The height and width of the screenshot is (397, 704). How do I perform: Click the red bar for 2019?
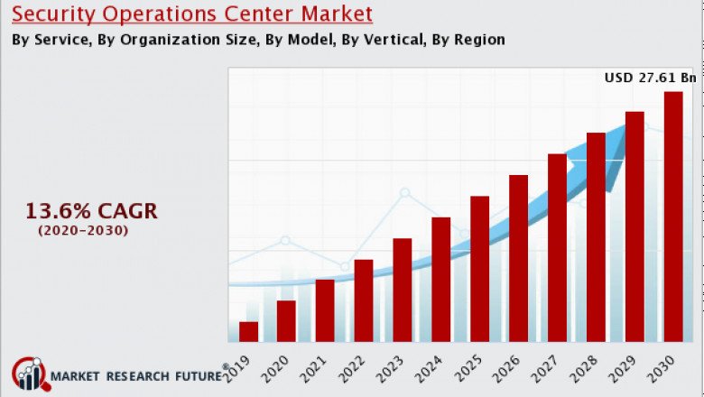tap(248, 331)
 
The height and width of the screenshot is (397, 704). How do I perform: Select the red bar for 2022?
tap(364, 300)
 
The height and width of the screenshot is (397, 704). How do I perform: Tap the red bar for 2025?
tap(479, 268)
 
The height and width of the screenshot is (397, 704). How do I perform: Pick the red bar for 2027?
tap(557, 247)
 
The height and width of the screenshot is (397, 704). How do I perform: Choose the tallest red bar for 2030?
tap(673, 217)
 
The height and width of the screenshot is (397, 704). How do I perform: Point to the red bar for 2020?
tap(286, 320)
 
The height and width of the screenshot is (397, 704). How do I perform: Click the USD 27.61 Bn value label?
tap(650, 78)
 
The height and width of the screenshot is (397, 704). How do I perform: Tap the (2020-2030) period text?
tap(83, 231)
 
